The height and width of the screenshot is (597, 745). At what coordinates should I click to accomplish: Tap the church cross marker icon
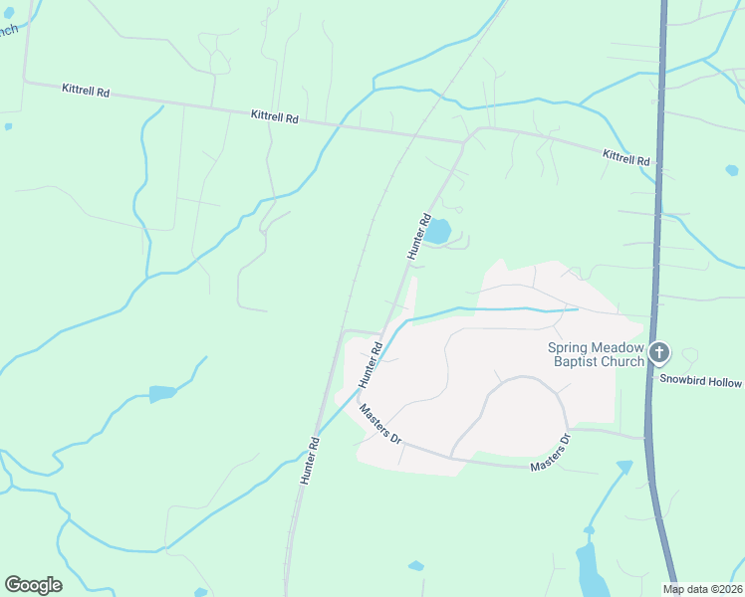[x=659, y=352]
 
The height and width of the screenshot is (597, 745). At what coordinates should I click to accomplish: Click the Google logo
[x=33, y=584]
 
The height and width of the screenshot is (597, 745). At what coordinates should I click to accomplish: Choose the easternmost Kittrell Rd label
[x=625, y=157]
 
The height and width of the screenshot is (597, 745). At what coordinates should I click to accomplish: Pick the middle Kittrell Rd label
[x=275, y=116]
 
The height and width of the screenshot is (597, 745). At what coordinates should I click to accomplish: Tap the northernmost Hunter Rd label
[x=419, y=237]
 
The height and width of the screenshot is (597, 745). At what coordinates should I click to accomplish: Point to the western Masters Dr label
[x=380, y=424]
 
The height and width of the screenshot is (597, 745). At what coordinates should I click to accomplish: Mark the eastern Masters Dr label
[x=551, y=454]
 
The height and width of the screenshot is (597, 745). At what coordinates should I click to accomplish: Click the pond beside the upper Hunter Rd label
[x=438, y=232]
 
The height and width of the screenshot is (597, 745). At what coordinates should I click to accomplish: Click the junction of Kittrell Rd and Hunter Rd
[x=463, y=141]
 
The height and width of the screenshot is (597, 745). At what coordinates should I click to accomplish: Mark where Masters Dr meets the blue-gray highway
[x=646, y=438]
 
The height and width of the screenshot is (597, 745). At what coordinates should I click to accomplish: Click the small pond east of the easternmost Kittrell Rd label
[x=733, y=170]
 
